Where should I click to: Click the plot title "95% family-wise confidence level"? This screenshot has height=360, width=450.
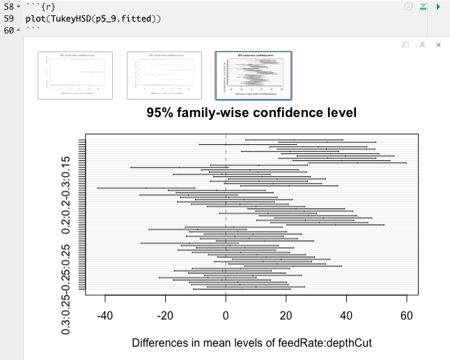click(x=251, y=112)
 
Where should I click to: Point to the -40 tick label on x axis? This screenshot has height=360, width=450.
click(x=105, y=315)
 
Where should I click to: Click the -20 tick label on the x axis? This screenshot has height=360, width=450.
click(x=166, y=315)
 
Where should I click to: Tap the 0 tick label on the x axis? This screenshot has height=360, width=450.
click(x=226, y=315)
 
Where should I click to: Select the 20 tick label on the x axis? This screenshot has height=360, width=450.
click(x=286, y=315)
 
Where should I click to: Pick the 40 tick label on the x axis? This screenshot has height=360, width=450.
click(x=346, y=315)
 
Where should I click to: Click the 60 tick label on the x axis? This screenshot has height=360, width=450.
click(x=406, y=315)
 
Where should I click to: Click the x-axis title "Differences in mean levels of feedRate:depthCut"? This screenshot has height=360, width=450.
click(x=251, y=343)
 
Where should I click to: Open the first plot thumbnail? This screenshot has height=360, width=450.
click(x=75, y=75)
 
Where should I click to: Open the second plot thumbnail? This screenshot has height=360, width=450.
click(x=164, y=75)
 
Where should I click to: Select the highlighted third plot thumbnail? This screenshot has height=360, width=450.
click(x=254, y=75)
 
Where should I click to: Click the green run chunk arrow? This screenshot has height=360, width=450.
click(x=438, y=6)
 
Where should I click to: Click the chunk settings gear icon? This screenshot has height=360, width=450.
click(x=408, y=6)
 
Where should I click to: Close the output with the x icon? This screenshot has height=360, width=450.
click(x=438, y=45)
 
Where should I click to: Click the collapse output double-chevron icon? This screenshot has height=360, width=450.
click(x=422, y=45)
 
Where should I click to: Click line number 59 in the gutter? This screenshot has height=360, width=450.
click(x=9, y=18)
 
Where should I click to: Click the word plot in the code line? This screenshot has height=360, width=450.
click(x=47, y=18)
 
